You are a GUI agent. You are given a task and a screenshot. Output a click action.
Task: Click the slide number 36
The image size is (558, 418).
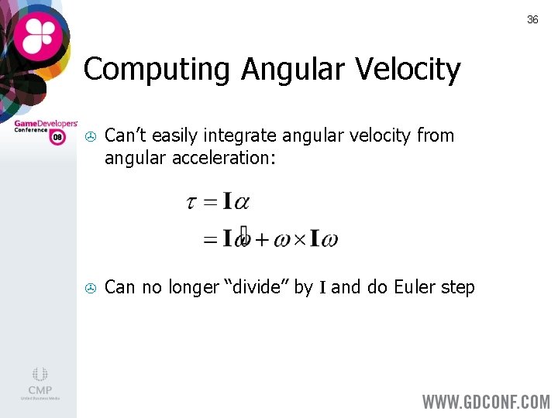[532, 19]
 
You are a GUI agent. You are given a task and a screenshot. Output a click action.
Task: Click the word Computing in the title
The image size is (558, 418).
[158, 70]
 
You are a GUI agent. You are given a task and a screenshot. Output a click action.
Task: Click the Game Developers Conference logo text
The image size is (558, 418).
[45, 125]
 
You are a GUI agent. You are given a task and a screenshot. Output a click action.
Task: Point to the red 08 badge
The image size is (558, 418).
[57, 137]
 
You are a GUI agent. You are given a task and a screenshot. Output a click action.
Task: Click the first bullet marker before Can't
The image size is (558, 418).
[89, 136]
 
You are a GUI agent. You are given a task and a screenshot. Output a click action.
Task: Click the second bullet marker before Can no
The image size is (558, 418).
[89, 288]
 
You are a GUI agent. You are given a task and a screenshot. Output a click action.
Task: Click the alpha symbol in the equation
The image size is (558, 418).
[241, 203]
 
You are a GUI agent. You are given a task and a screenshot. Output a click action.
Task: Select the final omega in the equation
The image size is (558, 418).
[329, 239]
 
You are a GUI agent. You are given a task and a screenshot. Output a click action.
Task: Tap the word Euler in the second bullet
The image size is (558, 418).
[415, 287]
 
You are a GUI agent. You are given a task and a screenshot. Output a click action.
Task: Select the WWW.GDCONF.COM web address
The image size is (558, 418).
[485, 403]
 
